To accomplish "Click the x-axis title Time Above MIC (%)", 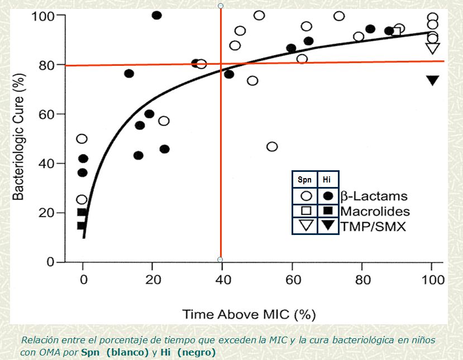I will [x=249, y=314].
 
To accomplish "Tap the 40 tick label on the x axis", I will [x=223, y=280].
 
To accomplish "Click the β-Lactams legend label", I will [x=374, y=196].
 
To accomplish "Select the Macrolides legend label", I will [x=375, y=211].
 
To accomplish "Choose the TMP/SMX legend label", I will [x=373, y=226].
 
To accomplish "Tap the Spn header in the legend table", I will [x=305, y=180].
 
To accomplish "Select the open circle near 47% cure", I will [x=272, y=147].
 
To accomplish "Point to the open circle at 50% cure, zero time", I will [x=82, y=138].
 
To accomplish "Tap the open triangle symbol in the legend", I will [x=306, y=225].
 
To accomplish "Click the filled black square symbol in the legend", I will [x=328, y=210].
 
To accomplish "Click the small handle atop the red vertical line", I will [x=221, y=6].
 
